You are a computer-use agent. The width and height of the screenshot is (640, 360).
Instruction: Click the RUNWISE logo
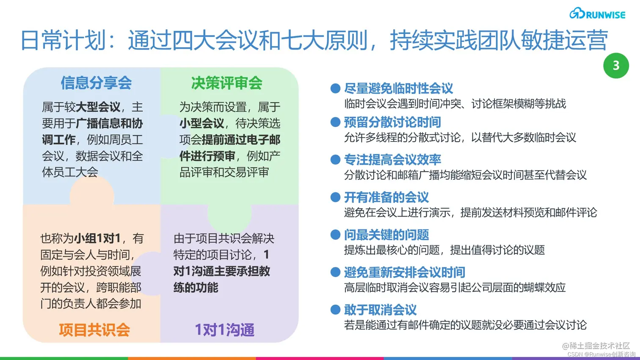coord(597,14)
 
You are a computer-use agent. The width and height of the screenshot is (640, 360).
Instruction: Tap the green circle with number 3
coord(616,66)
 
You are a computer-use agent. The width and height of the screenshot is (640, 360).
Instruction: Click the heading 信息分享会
coord(96,83)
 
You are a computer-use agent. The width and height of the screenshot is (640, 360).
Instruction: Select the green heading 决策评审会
coord(226,83)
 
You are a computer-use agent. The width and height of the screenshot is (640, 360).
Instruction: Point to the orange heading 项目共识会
coord(94,330)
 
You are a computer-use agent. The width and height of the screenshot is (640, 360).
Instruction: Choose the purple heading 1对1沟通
coord(224,330)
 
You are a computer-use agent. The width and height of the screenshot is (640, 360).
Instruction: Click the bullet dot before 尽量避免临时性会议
coord(335,88)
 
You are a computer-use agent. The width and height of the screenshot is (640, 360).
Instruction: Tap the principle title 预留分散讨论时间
coord(392,122)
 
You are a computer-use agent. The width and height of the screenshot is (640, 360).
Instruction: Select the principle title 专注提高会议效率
coord(392,159)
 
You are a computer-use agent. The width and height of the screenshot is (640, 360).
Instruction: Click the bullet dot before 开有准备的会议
coord(335,197)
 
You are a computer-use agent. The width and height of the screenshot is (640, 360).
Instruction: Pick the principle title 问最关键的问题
coord(386,235)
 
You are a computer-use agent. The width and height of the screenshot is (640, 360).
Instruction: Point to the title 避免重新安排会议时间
coord(404,272)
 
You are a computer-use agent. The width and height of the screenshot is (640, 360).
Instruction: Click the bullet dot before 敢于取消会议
coord(335,310)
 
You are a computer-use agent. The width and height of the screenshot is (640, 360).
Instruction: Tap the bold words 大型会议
coord(98,107)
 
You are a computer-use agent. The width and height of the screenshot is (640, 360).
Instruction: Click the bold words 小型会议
coord(201,124)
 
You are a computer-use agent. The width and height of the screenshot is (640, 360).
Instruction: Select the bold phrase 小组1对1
coord(97,239)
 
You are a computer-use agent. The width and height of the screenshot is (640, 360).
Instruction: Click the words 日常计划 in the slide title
coord(63,41)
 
